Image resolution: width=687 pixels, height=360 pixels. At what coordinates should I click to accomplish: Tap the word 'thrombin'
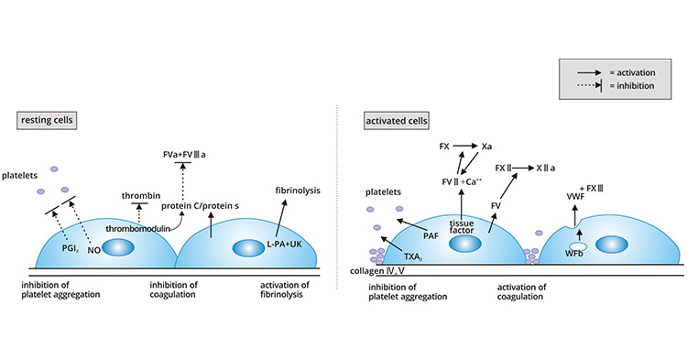[x=140, y=195]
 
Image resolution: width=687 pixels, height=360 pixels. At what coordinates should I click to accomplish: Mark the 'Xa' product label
[x=487, y=146]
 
